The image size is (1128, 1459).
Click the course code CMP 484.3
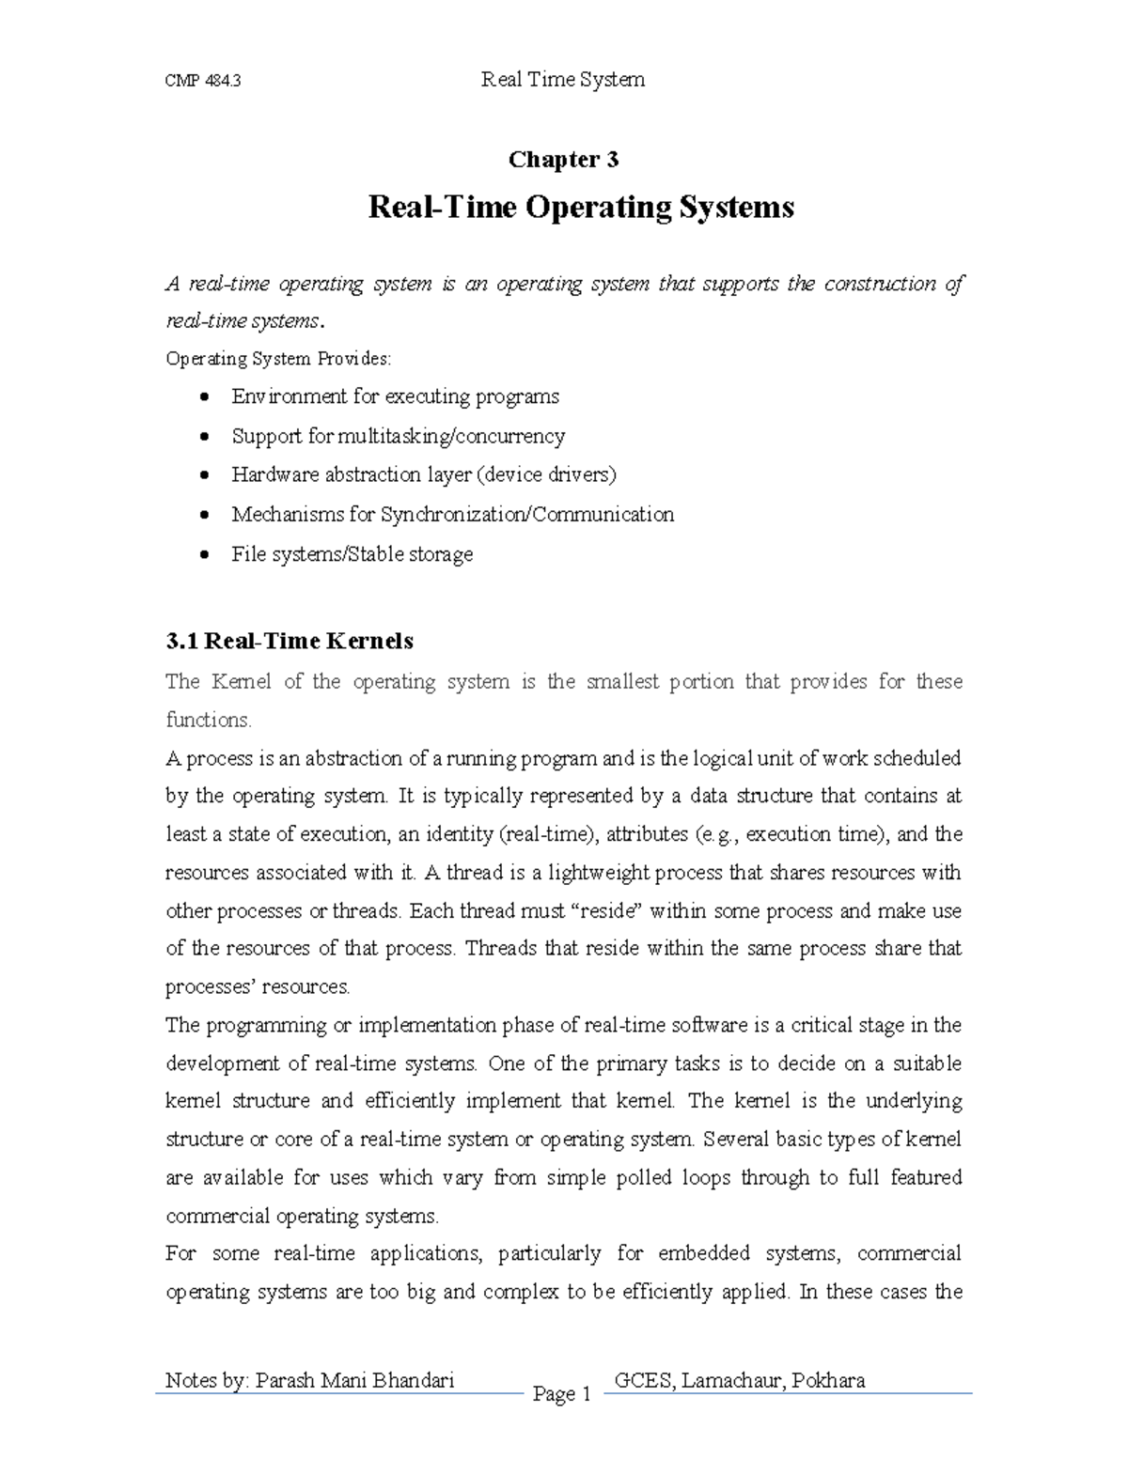coord(203,81)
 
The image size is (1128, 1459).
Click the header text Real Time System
coord(562,80)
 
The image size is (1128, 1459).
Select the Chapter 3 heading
coord(563,160)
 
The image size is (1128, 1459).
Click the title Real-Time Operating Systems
coord(581,207)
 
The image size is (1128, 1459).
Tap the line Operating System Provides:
coord(277,359)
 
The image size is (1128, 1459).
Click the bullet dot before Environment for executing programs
coord(206,397)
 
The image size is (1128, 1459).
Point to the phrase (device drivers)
coord(547,475)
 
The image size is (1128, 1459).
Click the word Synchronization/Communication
coord(526,515)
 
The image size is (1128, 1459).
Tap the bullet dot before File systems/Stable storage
coord(206,555)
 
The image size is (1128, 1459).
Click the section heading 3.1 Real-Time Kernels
coord(290,642)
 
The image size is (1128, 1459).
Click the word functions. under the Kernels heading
coord(209,721)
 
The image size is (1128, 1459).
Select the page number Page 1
coord(561,1394)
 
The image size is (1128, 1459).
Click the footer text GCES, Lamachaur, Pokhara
coord(739,1380)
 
